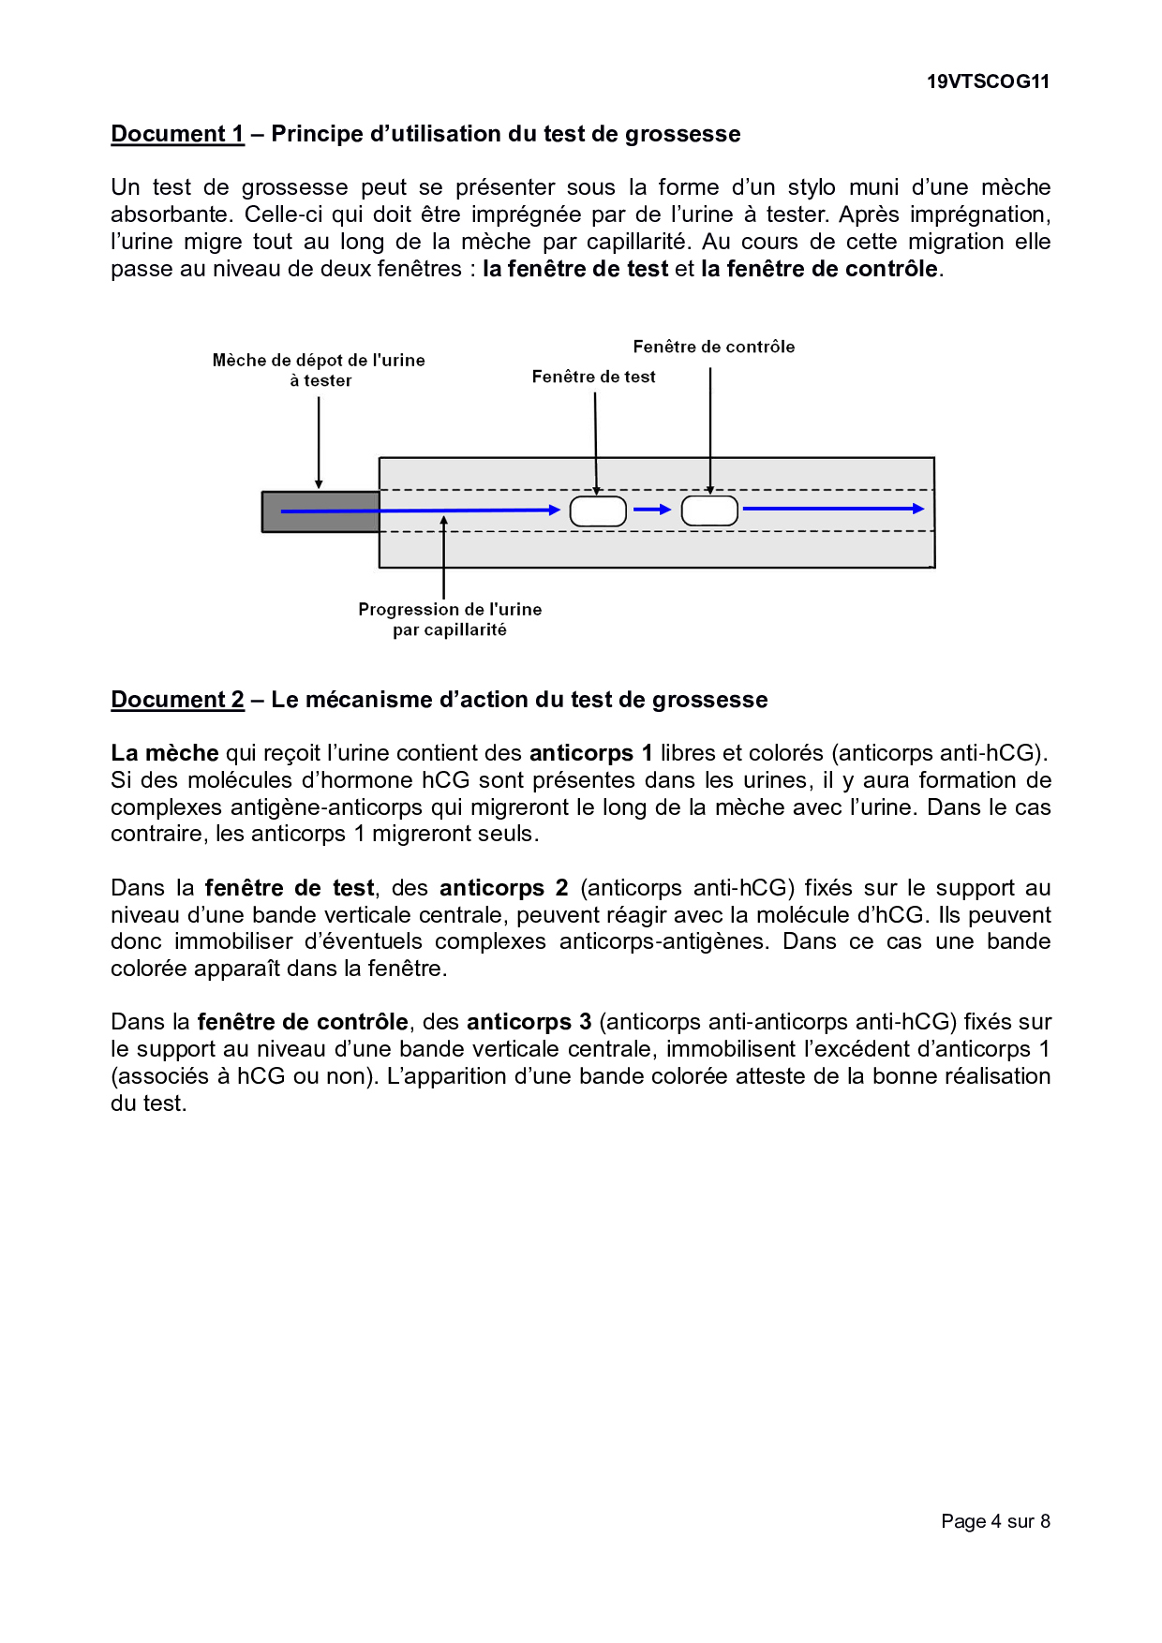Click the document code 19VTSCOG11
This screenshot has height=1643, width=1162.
988,81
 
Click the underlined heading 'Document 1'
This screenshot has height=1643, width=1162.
177,134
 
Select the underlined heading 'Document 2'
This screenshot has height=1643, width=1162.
177,700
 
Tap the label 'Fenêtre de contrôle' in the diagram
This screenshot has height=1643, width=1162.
713,347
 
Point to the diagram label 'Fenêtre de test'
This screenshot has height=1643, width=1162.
593,377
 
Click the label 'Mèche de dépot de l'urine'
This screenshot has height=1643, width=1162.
319,361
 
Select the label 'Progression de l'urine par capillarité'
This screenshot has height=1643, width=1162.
450,619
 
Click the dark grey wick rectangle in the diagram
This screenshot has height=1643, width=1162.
320,511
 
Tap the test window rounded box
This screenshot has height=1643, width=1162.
598,511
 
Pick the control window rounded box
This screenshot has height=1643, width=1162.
709,511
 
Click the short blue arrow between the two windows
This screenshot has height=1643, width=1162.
653,510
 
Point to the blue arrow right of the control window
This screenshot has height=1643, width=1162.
833,509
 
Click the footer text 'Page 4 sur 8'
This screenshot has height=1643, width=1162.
995,1521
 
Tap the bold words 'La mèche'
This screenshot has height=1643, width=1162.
165,753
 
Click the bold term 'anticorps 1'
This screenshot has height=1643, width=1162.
590,753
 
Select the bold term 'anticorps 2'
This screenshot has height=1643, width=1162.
503,888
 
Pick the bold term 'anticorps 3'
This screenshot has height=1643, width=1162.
529,1022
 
